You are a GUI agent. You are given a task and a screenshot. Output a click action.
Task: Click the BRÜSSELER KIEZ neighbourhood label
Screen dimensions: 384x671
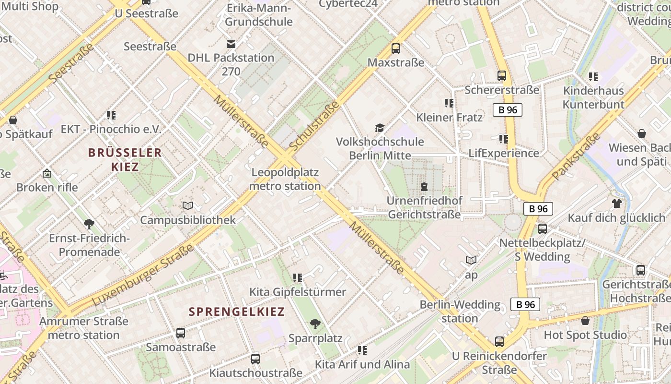point(125,160)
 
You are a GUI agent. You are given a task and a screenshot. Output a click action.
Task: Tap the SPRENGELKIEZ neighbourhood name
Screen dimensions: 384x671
point(237,312)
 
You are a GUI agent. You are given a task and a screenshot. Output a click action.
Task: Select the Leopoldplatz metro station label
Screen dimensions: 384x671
point(285,179)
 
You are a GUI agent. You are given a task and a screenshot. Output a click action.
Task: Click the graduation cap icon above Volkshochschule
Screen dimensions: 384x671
point(380,128)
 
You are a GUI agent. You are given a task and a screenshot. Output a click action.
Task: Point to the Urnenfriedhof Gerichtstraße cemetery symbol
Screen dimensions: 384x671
point(424,186)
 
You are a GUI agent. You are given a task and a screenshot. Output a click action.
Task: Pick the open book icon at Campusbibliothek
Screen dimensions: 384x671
point(188,206)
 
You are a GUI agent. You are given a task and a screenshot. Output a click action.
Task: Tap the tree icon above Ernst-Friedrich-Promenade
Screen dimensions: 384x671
point(89,224)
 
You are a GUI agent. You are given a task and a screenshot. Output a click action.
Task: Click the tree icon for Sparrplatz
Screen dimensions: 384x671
point(315,324)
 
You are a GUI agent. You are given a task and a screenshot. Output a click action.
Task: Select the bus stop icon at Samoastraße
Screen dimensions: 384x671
point(181,333)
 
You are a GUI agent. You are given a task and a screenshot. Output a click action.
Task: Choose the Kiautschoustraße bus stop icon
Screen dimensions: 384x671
point(255,359)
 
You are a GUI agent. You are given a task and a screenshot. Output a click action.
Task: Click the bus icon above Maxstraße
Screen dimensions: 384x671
point(396,48)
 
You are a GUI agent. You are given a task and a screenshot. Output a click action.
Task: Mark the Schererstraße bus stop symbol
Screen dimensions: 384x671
point(502,76)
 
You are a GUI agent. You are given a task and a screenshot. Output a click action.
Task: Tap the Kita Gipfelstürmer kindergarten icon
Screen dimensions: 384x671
point(298,278)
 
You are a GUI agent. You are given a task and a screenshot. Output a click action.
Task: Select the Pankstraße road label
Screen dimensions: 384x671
point(576,156)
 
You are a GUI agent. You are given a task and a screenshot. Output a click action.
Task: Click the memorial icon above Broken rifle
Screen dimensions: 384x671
point(47,173)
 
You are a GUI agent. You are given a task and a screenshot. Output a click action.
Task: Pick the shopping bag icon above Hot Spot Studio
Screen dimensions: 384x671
point(585,321)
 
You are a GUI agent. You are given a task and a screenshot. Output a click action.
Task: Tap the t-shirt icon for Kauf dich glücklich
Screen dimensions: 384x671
point(616,204)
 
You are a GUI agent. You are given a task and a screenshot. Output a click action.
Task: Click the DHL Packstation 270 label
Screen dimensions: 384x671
point(231,64)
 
